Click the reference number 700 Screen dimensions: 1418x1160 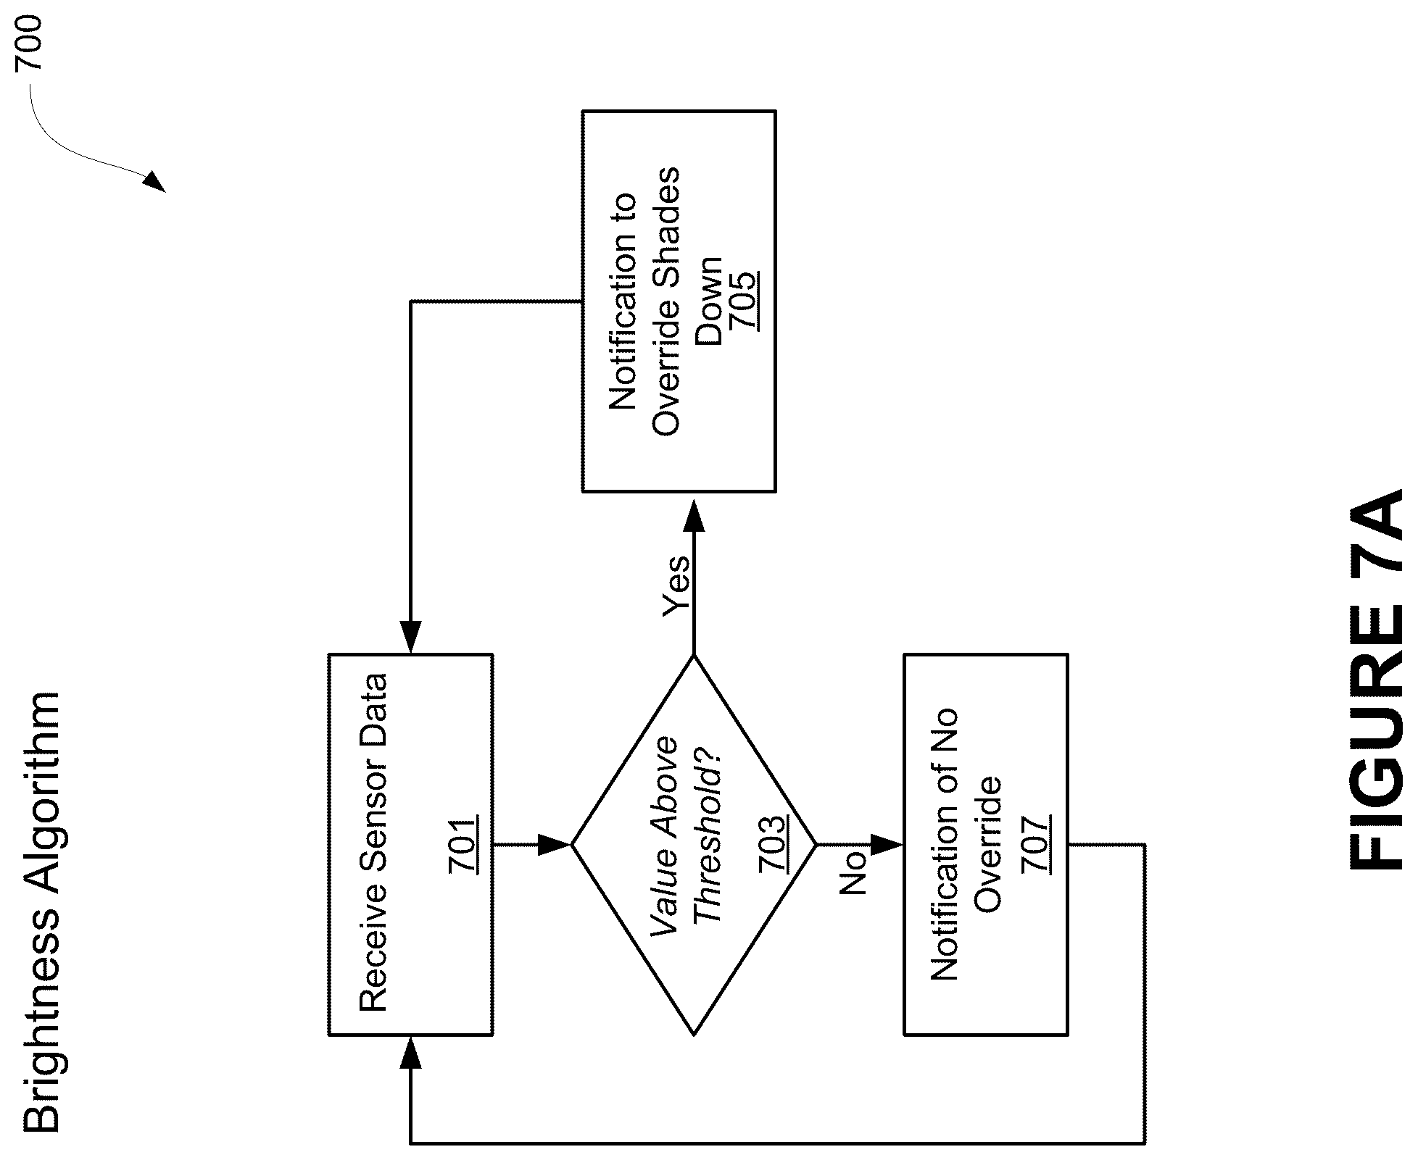30,44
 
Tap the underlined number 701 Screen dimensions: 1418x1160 463,845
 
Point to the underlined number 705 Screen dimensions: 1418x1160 743,301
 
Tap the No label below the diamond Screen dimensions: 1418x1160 853,872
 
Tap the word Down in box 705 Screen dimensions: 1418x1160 707,301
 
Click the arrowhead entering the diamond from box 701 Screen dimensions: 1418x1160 555,844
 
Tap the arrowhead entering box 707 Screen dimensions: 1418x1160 887,844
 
